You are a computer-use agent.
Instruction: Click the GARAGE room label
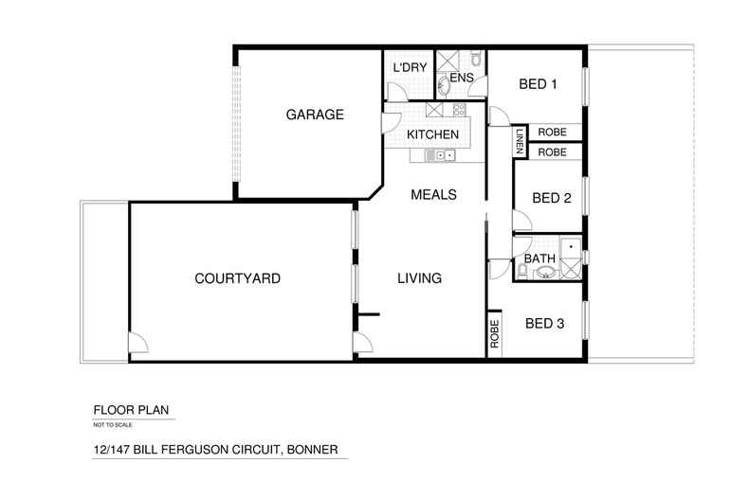click(x=315, y=115)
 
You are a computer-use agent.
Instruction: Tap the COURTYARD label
click(x=237, y=278)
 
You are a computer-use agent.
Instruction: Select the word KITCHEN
click(x=432, y=134)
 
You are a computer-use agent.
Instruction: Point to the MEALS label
click(x=433, y=195)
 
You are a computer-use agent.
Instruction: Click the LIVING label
click(x=419, y=278)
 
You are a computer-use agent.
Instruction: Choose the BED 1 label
click(x=538, y=84)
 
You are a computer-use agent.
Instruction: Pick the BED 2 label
click(x=552, y=198)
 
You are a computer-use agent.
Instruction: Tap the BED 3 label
click(x=544, y=324)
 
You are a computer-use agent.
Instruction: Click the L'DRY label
click(x=410, y=68)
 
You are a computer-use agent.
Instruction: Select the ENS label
click(x=462, y=78)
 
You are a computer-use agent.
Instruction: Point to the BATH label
click(x=539, y=258)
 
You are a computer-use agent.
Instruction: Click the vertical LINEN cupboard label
click(x=520, y=141)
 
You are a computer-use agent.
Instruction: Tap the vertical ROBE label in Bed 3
click(x=494, y=333)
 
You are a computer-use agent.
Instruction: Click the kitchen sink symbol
click(x=441, y=155)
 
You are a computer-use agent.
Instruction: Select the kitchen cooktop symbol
click(x=459, y=109)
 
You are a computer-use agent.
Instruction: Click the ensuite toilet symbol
click(x=475, y=58)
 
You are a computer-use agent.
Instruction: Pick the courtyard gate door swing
click(x=138, y=343)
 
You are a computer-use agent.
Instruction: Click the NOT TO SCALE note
click(x=113, y=424)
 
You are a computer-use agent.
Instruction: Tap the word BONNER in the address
click(x=313, y=450)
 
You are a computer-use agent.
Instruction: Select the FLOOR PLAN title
click(x=131, y=410)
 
